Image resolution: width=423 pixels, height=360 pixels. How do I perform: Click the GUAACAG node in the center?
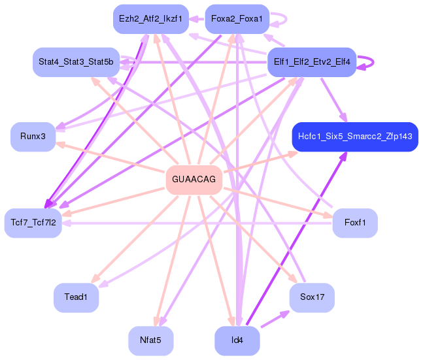click(194, 178)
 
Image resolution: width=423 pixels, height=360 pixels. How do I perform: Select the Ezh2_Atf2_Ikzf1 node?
click(150, 19)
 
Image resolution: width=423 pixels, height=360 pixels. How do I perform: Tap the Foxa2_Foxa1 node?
click(237, 19)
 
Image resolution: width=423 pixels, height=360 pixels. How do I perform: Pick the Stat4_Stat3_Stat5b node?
click(75, 62)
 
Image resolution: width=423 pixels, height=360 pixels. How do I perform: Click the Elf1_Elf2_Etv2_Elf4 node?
click(312, 62)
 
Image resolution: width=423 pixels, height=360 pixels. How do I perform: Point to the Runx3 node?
click(33, 137)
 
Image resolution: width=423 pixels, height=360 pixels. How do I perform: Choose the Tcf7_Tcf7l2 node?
click(33, 223)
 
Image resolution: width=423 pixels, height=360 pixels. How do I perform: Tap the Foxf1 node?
click(355, 223)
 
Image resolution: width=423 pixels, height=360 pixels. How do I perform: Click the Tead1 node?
click(76, 297)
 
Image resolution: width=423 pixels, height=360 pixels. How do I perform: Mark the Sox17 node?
click(312, 297)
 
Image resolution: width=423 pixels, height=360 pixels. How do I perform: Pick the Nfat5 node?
click(150, 340)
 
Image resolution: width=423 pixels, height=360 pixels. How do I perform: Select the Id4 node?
click(237, 340)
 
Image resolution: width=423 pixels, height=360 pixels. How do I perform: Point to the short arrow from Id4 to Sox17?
click(275, 319)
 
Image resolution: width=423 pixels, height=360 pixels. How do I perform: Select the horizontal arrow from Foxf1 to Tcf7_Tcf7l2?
click(196, 223)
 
